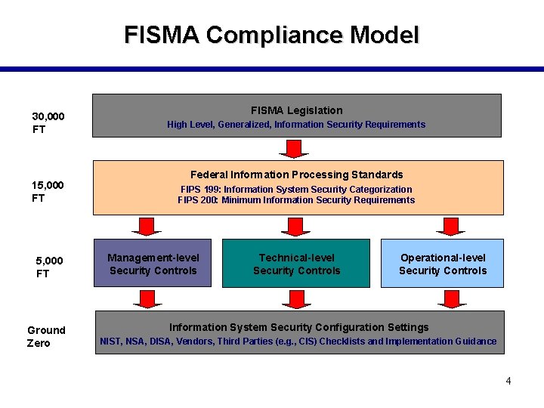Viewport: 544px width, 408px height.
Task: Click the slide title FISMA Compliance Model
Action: (271, 35)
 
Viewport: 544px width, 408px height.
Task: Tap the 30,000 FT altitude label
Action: (48, 122)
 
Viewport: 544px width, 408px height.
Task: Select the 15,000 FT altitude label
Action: (48, 191)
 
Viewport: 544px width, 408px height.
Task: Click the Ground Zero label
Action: (46, 336)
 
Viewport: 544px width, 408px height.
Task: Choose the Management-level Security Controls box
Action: (153, 264)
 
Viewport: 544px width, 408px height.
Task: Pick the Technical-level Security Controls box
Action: (296, 264)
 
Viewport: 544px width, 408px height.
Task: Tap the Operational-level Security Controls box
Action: (443, 264)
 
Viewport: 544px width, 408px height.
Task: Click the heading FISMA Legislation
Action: (296, 110)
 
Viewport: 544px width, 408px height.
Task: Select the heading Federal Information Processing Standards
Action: (296, 175)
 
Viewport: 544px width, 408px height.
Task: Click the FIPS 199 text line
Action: (296, 189)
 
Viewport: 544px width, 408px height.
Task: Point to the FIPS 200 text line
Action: (296, 200)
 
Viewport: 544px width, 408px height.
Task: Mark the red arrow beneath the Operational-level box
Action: (452, 298)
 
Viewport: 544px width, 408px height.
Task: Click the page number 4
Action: (508, 381)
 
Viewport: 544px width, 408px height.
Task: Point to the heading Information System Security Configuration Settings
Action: (298, 327)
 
